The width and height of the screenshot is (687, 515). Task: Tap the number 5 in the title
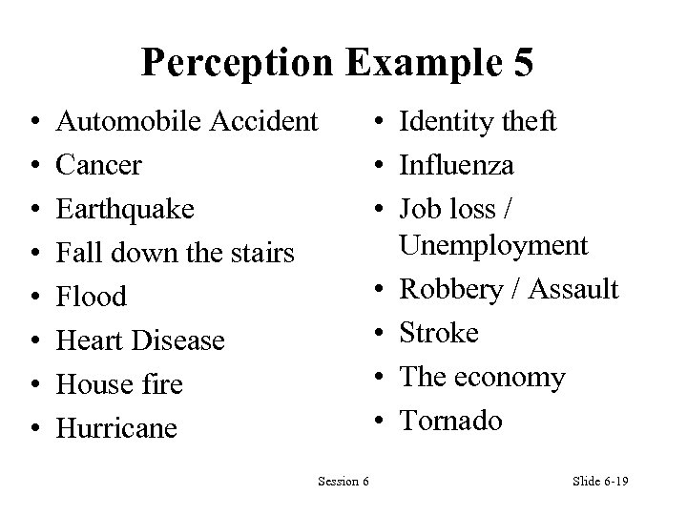tap(521, 63)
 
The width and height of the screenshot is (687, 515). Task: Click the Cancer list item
tap(99, 165)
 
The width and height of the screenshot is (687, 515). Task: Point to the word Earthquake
tap(124, 209)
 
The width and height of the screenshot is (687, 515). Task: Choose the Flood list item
tap(92, 297)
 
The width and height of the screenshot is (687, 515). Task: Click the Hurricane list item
tap(117, 428)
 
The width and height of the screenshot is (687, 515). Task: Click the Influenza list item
tap(457, 165)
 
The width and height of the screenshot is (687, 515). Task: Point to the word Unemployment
tap(493, 245)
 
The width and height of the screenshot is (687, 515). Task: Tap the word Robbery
tap(448, 288)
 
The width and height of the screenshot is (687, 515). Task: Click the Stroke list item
tap(439, 333)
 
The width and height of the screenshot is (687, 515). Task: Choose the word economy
tap(512, 378)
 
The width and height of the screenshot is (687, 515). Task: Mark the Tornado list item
tap(450, 421)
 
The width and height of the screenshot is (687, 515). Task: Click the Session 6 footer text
tap(343, 481)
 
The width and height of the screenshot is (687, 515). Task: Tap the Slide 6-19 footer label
tap(600, 481)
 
